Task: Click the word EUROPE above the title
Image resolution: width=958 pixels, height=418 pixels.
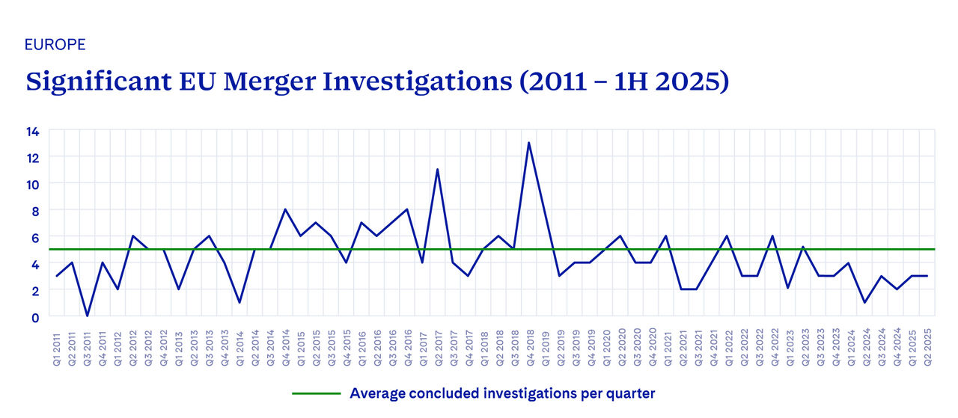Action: (x=55, y=44)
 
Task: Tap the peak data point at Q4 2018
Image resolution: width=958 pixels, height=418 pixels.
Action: (x=529, y=143)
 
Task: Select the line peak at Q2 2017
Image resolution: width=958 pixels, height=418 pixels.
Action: (x=437, y=170)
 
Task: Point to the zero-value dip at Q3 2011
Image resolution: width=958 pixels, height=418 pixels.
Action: (x=87, y=316)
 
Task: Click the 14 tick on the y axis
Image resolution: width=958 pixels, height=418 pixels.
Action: (x=34, y=131)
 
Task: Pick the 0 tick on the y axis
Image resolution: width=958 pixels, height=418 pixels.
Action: (x=34, y=316)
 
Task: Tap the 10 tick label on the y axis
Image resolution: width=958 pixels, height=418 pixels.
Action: (x=34, y=184)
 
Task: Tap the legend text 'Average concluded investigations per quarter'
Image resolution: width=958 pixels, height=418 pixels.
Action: (x=502, y=393)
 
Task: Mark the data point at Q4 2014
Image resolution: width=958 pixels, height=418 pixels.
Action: (x=285, y=210)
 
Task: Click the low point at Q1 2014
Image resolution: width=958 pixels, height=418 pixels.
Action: (x=239, y=302)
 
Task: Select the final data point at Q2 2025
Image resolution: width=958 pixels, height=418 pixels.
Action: (x=927, y=276)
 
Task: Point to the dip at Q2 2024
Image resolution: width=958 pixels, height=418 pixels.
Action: (x=865, y=302)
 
